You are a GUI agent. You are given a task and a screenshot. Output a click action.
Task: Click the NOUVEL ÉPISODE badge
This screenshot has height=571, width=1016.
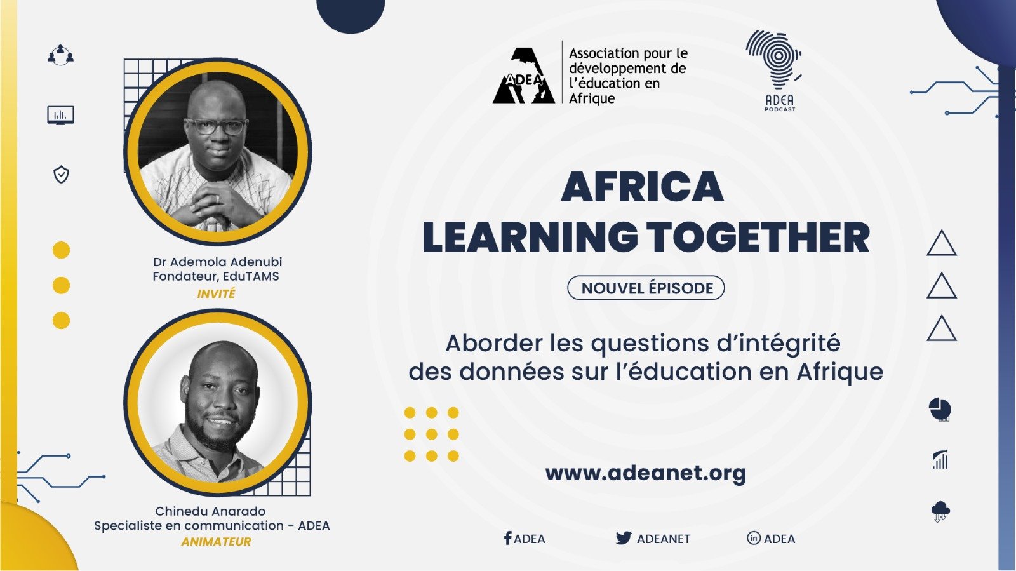[x=646, y=288]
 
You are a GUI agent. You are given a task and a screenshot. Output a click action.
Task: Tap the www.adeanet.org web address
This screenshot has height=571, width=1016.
[x=645, y=473]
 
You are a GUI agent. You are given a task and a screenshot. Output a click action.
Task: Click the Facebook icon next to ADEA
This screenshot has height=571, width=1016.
[x=507, y=538]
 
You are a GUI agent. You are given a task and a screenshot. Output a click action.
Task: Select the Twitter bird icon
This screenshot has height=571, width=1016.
[x=624, y=538]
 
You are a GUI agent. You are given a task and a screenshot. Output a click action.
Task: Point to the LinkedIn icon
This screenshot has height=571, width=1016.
[x=753, y=538]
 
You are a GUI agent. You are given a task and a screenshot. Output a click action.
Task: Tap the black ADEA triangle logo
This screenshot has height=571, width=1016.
[x=524, y=76]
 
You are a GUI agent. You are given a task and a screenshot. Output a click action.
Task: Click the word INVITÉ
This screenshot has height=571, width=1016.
[x=217, y=294]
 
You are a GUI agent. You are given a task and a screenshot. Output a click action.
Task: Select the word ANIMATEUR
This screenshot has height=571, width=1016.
[x=217, y=542]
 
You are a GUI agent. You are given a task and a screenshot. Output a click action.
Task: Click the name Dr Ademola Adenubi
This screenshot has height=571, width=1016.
[x=218, y=262]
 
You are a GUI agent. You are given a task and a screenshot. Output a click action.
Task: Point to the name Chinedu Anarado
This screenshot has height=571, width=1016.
[x=210, y=511]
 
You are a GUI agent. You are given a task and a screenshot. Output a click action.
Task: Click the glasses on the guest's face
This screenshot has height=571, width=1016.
[x=217, y=126]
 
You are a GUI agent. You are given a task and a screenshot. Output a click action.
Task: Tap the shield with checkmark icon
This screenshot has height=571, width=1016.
[x=61, y=175]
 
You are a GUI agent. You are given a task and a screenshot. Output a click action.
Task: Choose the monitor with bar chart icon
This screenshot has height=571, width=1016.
[x=61, y=115]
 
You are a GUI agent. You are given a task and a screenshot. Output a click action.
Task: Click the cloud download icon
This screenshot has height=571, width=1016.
[x=940, y=511]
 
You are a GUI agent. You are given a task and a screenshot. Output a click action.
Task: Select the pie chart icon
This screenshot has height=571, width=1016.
[x=940, y=409]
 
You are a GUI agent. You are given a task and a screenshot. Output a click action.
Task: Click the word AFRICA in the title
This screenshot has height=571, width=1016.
[x=642, y=186]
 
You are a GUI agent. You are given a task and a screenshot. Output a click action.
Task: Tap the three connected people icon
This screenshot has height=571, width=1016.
[x=61, y=55]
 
